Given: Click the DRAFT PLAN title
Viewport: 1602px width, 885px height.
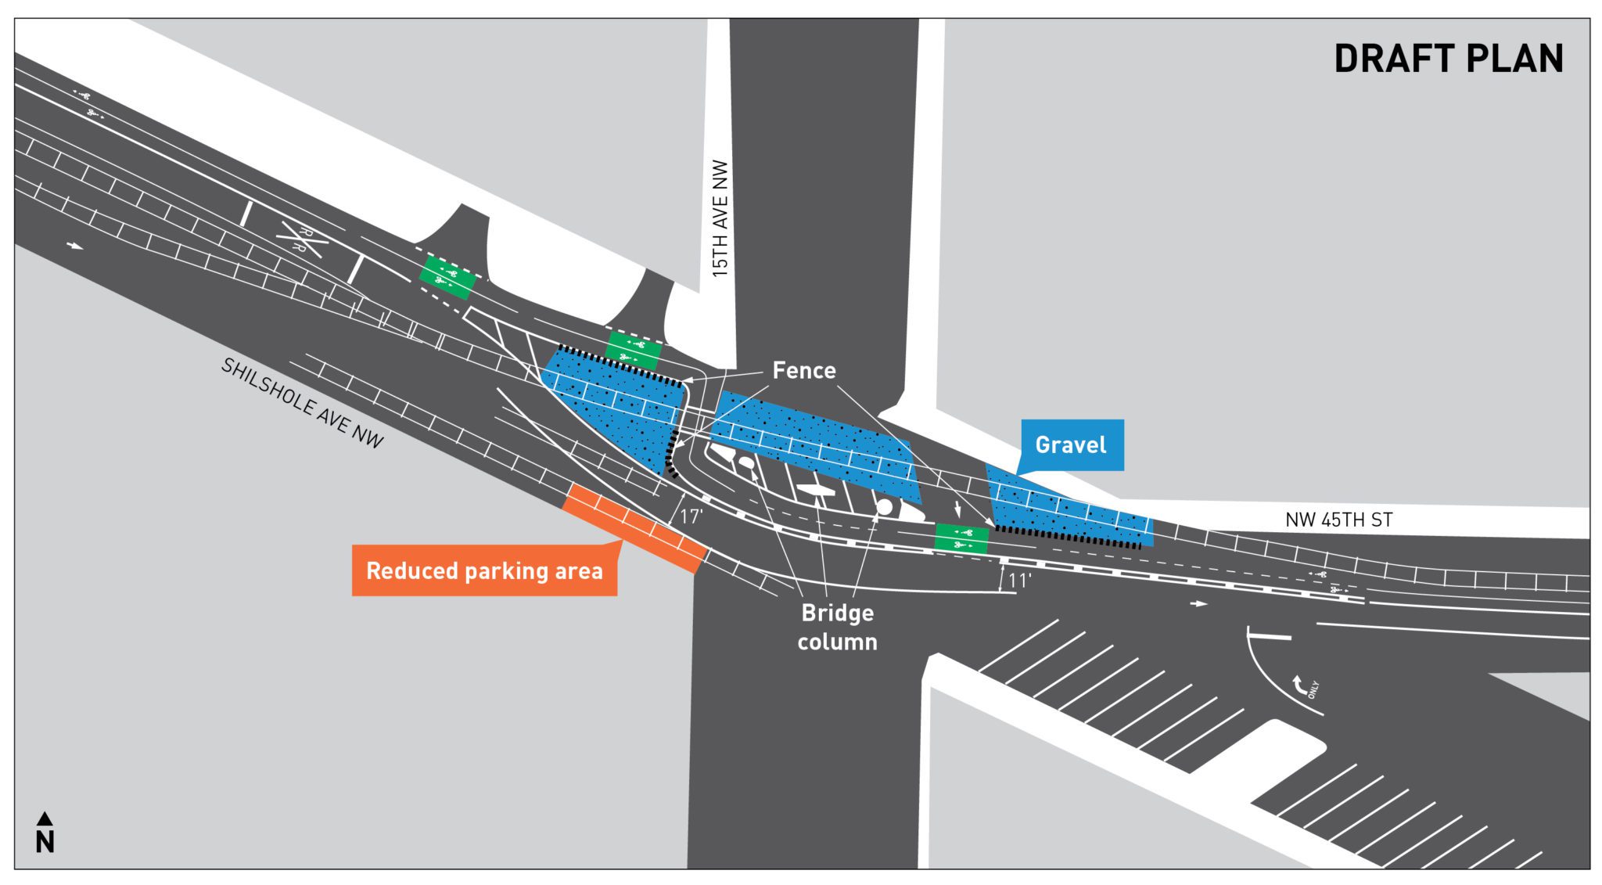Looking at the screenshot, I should click(1448, 59).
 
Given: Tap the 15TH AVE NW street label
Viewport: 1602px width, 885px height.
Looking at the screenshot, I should click(720, 218).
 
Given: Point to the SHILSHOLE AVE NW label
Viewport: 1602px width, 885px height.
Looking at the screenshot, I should click(302, 403).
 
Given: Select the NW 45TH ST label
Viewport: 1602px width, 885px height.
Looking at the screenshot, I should click(1338, 520).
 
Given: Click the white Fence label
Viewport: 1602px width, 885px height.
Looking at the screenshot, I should click(803, 370).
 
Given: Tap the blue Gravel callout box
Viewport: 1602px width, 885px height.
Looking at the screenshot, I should click(1072, 444).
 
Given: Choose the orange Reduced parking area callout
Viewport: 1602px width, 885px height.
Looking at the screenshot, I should click(484, 570).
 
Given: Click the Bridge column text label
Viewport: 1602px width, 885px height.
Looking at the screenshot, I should click(837, 627).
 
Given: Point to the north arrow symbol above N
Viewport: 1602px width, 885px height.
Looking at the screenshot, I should click(45, 818).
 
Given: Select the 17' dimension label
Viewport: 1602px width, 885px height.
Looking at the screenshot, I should click(691, 516).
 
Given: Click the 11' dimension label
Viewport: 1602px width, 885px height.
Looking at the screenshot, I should click(1018, 581).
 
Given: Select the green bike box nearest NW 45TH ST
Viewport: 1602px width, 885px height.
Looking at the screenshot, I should click(961, 538).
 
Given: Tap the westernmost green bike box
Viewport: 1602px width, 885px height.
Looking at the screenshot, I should click(447, 276).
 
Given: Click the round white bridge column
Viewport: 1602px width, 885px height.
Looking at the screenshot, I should click(884, 507).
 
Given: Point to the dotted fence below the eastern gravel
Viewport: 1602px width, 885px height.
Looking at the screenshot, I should click(1068, 537).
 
